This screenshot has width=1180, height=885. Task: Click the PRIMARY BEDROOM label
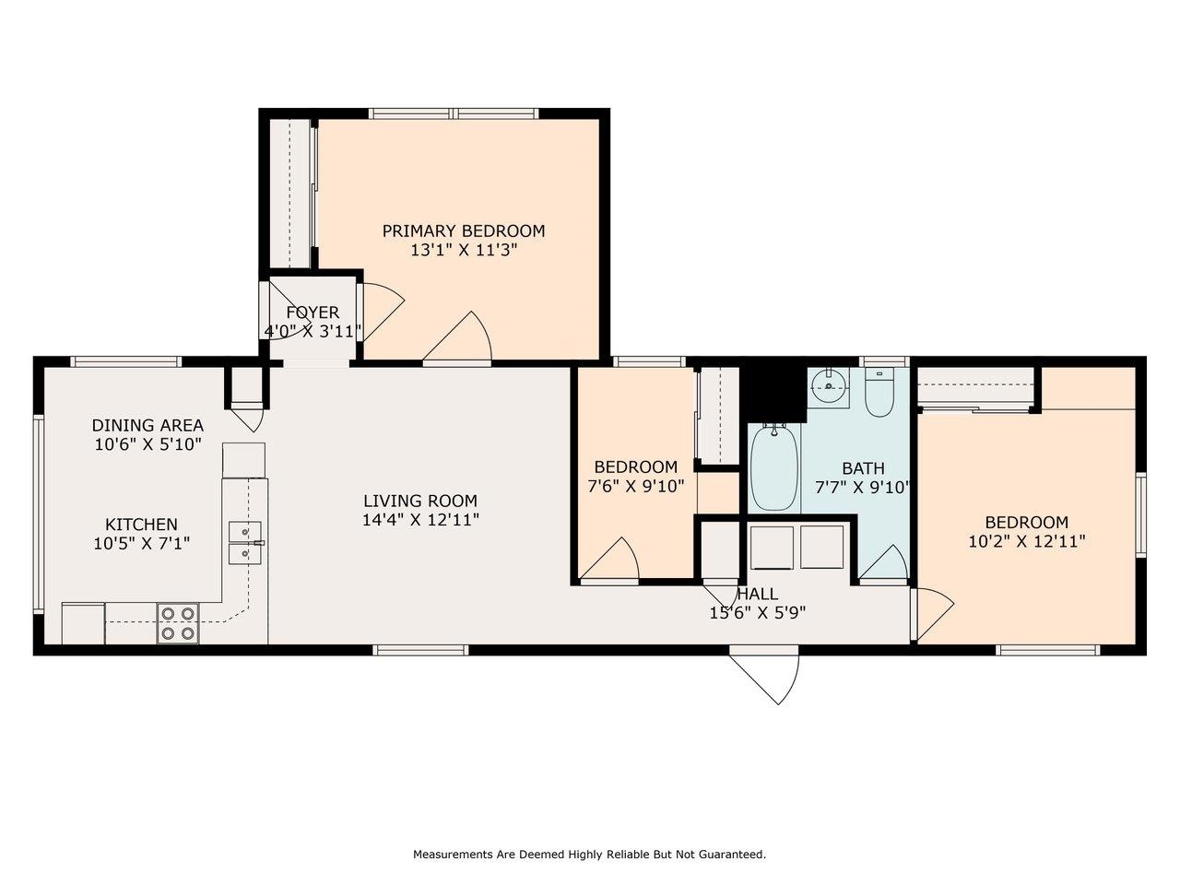click(464, 231)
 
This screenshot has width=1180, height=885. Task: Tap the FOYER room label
click(313, 313)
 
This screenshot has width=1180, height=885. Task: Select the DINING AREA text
click(147, 426)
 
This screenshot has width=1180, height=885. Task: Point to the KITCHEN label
click(141, 525)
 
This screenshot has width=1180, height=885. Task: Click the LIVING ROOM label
click(420, 501)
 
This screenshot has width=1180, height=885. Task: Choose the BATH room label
click(864, 468)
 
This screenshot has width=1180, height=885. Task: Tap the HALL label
click(758, 594)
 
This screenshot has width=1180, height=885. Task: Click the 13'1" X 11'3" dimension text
click(464, 250)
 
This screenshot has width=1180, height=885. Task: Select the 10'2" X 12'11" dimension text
click(1027, 541)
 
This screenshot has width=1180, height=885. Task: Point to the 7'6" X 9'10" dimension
click(636, 487)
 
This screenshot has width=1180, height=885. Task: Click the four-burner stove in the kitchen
click(178, 623)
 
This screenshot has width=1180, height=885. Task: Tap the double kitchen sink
click(245, 543)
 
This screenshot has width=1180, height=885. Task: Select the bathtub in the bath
click(774, 467)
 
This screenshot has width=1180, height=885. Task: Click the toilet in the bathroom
click(879, 393)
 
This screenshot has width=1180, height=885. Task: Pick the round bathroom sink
click(829, 386)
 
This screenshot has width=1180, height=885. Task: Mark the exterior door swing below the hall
click(764, 678)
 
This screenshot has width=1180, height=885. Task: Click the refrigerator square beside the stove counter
click(83, 623)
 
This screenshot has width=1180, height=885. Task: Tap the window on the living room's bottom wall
click(421, 650)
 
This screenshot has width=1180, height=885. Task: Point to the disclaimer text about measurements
click(589, 854)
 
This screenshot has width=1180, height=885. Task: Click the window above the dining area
click(126, 361)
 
